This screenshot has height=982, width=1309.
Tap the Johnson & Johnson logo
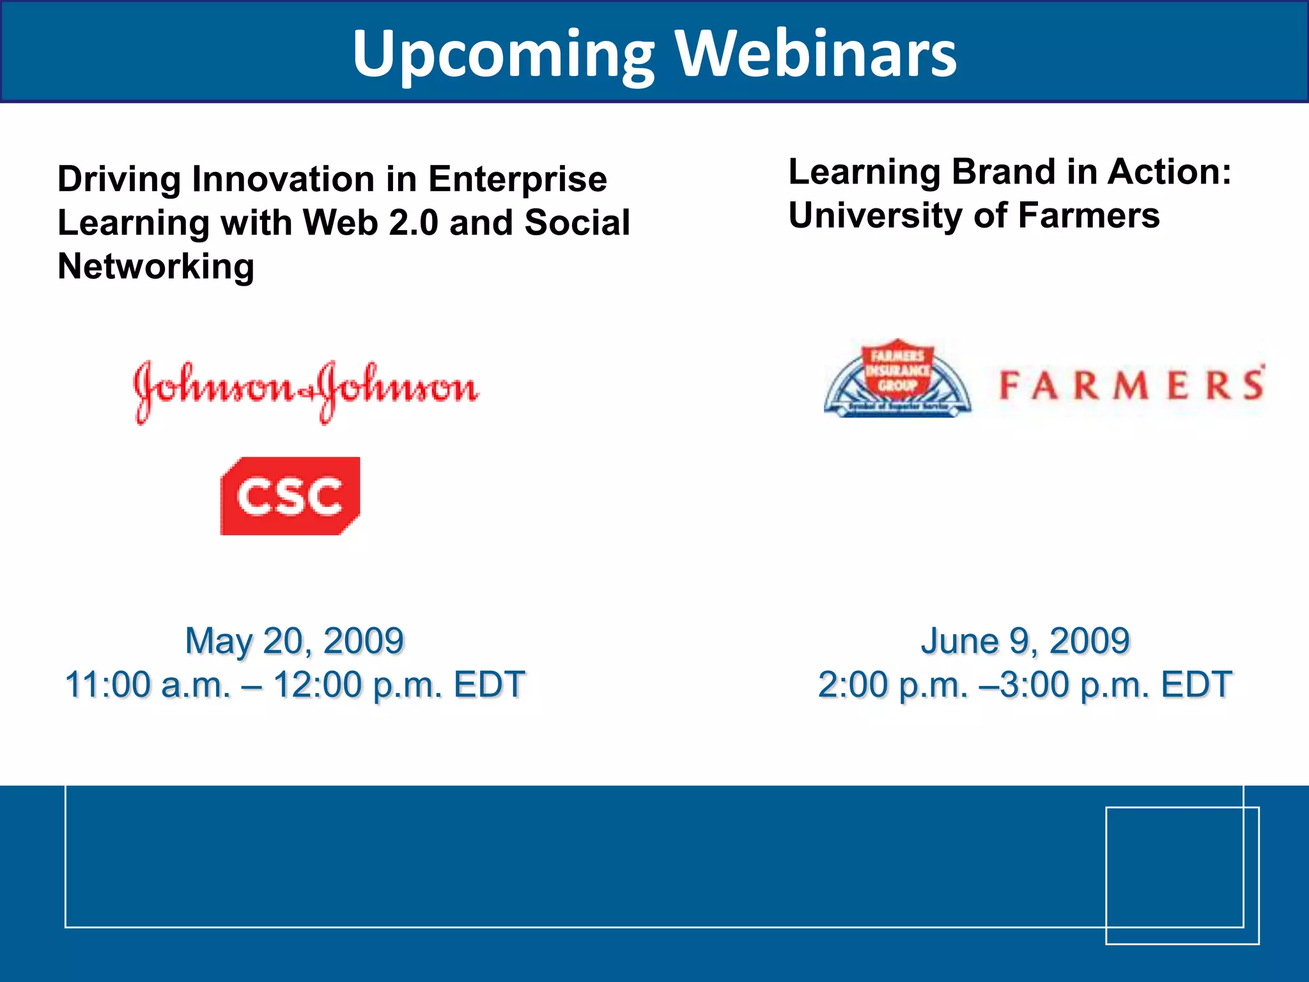tap(306, 390)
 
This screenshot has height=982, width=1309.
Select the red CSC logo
tap(290, 496)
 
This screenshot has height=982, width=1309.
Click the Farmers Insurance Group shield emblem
tap(897, 379)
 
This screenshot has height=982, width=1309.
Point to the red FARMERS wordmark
tap(1131, 386)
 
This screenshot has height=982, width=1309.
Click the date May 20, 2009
tap(295, 641)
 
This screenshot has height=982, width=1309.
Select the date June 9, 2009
tap(1025, 641)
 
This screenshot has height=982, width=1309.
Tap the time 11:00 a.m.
tap(148, 685)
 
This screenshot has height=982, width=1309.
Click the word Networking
tap(156, 267)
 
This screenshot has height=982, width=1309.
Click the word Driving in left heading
tap(120, 180)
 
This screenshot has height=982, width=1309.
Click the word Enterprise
tap(518, 180)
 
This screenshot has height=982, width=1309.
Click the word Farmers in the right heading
tap(1088, 215)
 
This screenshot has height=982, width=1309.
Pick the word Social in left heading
tap(577, 222)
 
